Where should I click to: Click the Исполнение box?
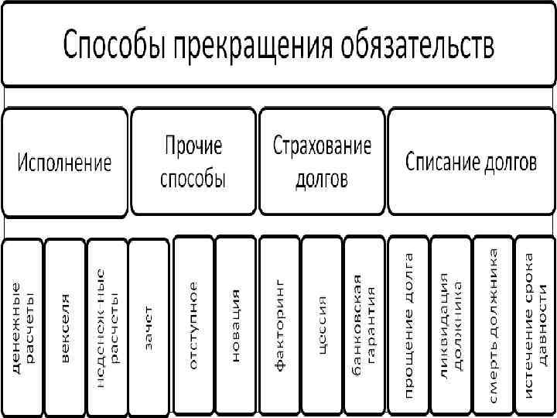tap(65, 162)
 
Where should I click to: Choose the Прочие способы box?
tap(193, 162)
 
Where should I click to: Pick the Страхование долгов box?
tap(322, 162)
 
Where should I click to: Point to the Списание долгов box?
tap(471, 162)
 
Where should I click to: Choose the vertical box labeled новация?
tap(235, 325)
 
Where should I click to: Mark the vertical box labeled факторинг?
tap(279, 325)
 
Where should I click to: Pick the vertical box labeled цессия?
tap(322, 325)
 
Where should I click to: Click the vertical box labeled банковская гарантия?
tap(364, 325)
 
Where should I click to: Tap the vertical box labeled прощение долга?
tap(408, 325)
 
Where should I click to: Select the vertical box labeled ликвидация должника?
tap(450, 325)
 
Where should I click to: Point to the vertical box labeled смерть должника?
tap(493, 325)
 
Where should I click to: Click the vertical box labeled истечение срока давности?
tap(535, 325)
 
